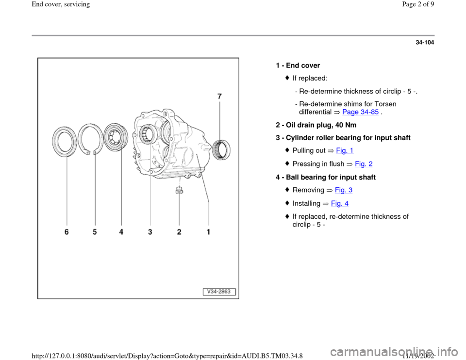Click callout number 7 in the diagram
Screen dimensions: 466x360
(x=219, y=96)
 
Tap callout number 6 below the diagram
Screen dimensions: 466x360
(x=67, y=232)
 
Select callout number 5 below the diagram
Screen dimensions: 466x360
(x=95, y=232)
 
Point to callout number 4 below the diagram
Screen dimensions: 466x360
(x=121, y=232)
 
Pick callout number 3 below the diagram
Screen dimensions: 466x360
(x=150, y=232)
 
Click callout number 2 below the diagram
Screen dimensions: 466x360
(x=179, y=232)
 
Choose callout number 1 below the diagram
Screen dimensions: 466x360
(x=208, y=232)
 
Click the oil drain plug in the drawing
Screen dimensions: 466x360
(x=179, y=190)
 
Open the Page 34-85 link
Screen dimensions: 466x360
(x=360, y=112)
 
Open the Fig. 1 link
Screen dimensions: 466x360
(x=345, y=150)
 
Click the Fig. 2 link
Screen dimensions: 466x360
(x=364, y=164)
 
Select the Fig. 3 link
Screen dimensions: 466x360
(x=344, y=190)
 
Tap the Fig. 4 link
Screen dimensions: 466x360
(x=340, y=203)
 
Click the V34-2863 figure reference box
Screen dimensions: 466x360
(x=219, y=292)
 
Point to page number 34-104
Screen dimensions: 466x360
(x=425, y=43)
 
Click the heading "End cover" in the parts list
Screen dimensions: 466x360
(x=303, y=65)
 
